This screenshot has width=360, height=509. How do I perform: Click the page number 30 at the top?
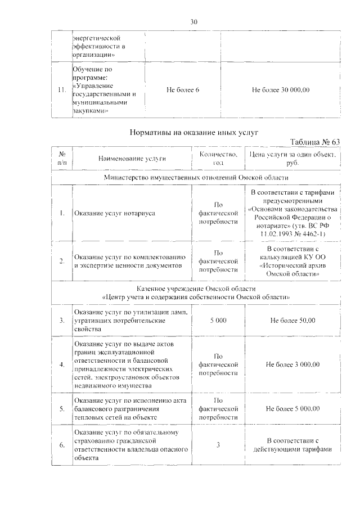tap(193, 22)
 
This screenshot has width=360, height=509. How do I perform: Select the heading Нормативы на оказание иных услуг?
tap(193, 132)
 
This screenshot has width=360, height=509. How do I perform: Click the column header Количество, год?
tap(219, 159)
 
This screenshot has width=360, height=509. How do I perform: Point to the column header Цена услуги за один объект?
tap(292, 159)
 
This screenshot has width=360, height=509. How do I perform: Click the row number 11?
tap(62, 90)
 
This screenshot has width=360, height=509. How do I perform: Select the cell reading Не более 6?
tap(183, 90)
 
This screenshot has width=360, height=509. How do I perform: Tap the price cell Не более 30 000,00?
tap(281, 90)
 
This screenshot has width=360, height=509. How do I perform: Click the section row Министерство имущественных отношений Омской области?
tap(195, 177)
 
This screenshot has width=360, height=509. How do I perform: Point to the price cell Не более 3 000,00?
tap(292, 364)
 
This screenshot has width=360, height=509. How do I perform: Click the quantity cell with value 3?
tap(218, 445)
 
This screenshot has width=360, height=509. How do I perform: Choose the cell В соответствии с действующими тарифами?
tap(292, 445)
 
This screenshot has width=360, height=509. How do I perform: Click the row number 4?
tap(62, 364)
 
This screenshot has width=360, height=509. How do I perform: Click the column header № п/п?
tap(62, 159)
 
